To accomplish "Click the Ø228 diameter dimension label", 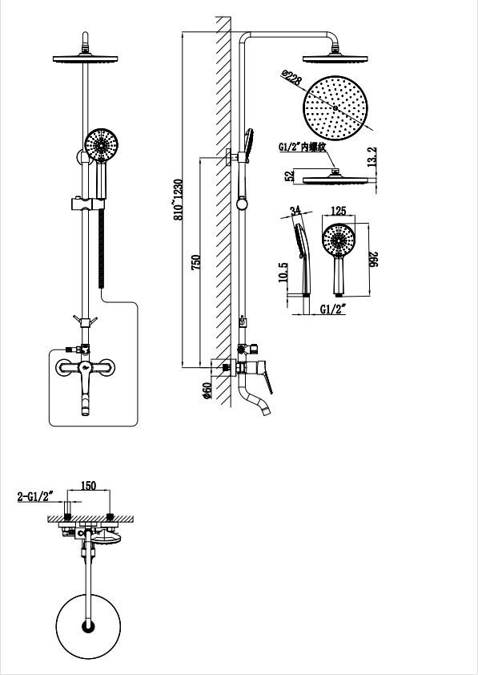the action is click(291, 79).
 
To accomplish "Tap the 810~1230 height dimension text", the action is click(179, 200).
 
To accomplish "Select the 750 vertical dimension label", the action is click(195, 263).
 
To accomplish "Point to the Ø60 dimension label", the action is click(207, 390).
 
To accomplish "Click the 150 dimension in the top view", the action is click(88, 486).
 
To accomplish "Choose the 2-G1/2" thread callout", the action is click(34, 496).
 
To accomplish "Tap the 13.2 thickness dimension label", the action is click(372, 156).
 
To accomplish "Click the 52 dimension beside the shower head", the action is click(289, 176).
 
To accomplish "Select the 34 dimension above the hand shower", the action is click(295, 211).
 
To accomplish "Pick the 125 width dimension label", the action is click(339, 211).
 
